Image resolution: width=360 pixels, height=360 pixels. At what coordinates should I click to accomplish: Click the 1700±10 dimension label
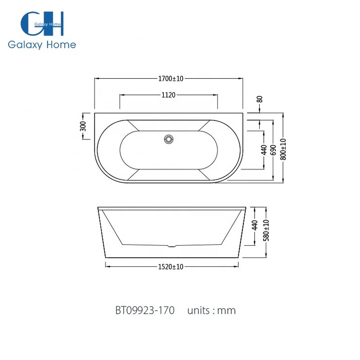(171, 78)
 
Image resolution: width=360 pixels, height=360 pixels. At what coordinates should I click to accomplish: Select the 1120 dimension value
(168, 95)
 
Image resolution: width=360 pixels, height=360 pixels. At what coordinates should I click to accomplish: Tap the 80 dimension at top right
(260, 99)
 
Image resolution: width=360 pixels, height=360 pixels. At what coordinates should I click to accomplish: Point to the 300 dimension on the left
(83, 126)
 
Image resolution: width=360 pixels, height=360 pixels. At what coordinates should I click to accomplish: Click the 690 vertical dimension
(273, 149)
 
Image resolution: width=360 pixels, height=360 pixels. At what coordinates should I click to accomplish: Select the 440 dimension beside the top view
(264, 149)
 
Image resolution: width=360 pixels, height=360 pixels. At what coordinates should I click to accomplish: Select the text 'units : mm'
(211, 310)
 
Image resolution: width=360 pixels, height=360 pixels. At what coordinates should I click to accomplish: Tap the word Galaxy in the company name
(24, 45)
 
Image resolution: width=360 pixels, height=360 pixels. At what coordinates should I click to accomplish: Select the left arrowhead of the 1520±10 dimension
(107, 266)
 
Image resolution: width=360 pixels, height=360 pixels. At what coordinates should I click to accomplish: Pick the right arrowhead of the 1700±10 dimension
(241, 78)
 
